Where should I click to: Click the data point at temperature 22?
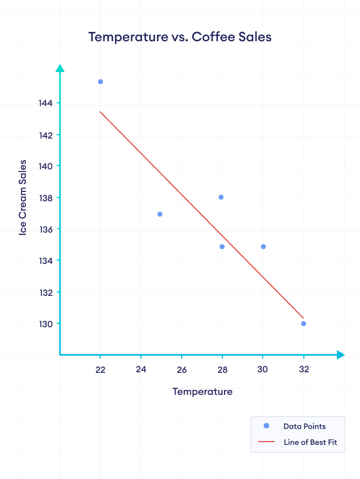pos(100,81)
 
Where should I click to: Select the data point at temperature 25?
pos(160,214)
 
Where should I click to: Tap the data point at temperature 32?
pos(303,323)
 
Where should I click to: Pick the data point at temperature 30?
pos(263,246)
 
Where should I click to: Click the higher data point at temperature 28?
pos(221,197)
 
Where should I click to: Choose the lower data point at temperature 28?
pos(222,246)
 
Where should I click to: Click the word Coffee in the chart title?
pos(212,37)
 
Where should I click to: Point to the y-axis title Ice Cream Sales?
pos(23,198)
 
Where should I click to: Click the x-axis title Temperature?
pos(202,392)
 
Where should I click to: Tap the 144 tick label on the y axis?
pos(46,103)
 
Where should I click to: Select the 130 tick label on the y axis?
pos(46,324)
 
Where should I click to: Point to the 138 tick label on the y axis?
pos(46,198)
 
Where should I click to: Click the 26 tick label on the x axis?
pos(182,370)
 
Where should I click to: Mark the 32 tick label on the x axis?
pos(303,370)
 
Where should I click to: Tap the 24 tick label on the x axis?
pos(141,370)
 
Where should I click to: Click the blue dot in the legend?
pos(266,426)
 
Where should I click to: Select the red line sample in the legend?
pos(266,442)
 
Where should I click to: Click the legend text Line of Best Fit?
pos(310,442)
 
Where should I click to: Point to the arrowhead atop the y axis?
pos(60,68)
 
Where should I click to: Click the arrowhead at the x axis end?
pos(340,355)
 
